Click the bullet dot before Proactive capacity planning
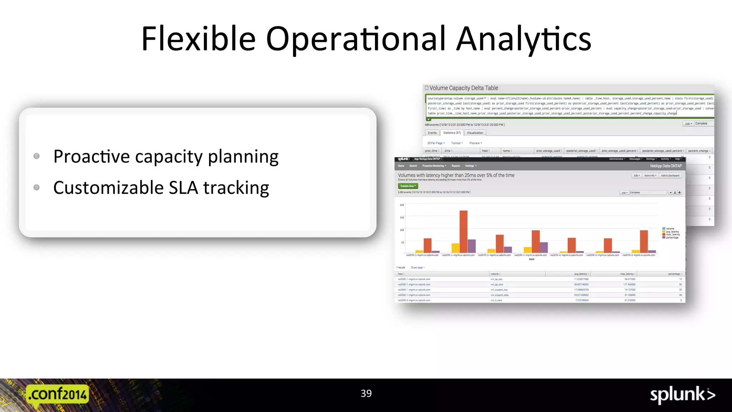36,156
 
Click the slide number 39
366,393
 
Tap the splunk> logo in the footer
682,395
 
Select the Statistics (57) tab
452,133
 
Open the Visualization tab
475,133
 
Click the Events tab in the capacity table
432,133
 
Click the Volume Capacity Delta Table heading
464,88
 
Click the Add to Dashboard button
670,176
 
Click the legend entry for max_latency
673,235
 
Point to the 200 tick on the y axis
402,205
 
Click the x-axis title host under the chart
531,259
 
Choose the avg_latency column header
580,274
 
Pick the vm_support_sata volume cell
499,295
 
